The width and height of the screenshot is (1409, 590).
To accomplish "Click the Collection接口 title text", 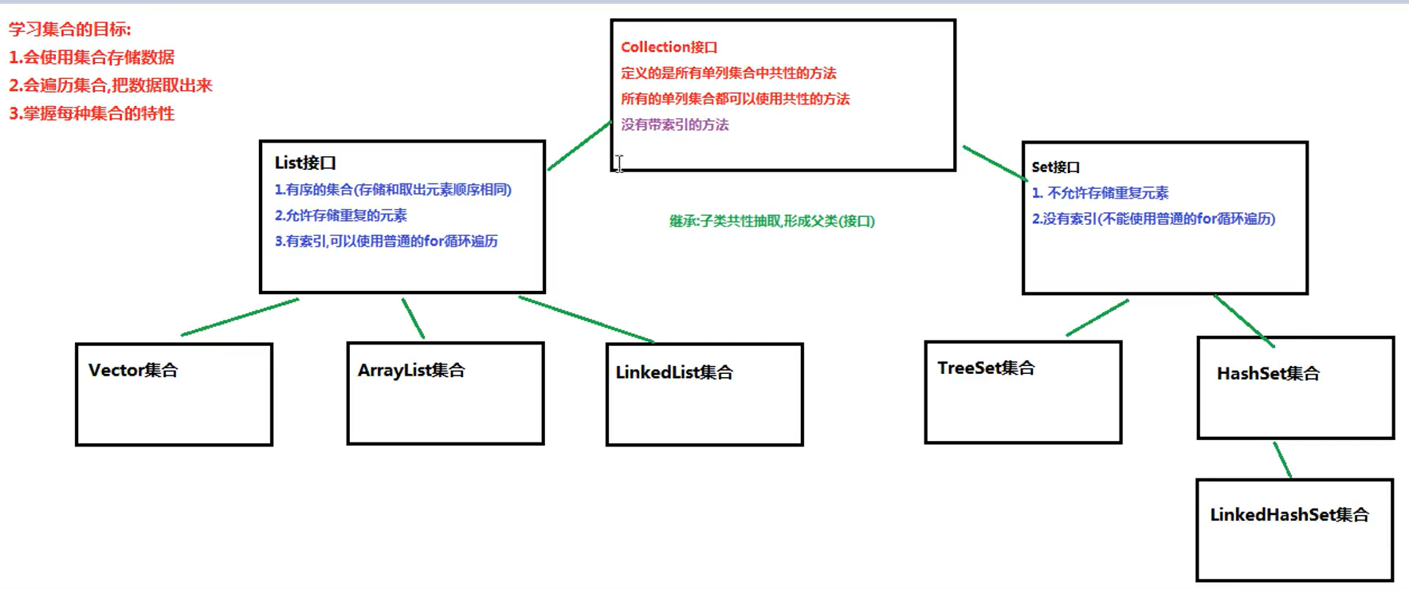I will click(x=669, y=47).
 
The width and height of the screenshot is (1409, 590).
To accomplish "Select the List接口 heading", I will click(x=305, y=163).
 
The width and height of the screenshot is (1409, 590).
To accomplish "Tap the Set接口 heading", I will click(x=1055, y=167).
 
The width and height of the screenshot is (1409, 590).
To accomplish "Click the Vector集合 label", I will click(x=133, y=370).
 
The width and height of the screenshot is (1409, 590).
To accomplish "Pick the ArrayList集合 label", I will click(x=410, y=370).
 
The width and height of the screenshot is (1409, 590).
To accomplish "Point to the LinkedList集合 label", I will click(x=673, y=372).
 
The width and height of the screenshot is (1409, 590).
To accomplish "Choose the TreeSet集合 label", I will click(x=986, y=368).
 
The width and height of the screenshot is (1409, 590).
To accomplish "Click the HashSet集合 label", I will click(x=1268, y=373).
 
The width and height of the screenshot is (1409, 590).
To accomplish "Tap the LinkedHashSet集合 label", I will click(x=1289, y=515).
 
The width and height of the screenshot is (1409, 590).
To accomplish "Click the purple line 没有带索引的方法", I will click(x=674, y=124).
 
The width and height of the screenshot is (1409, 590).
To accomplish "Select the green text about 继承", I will click(x=771, y=221).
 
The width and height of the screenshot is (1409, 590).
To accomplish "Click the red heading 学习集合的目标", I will click(x=70, y=29).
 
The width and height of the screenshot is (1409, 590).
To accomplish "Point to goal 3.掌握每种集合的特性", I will click(x=92, y=113).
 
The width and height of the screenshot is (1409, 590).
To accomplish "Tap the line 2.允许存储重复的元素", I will click(x=340, y=215).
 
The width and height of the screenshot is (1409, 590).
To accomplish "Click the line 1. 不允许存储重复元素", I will click(x=1100, y=193).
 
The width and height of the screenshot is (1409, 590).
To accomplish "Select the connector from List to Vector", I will click(x=239, y=317).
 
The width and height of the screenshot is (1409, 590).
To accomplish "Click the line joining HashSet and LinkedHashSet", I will click(x=1282, y=460).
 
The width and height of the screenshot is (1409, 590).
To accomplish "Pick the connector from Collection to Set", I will click(x=994, y=163).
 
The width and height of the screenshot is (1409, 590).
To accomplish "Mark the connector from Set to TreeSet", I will click(x=1097, y=317).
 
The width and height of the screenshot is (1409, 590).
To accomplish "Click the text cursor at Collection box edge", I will click(x=619, y=163).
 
